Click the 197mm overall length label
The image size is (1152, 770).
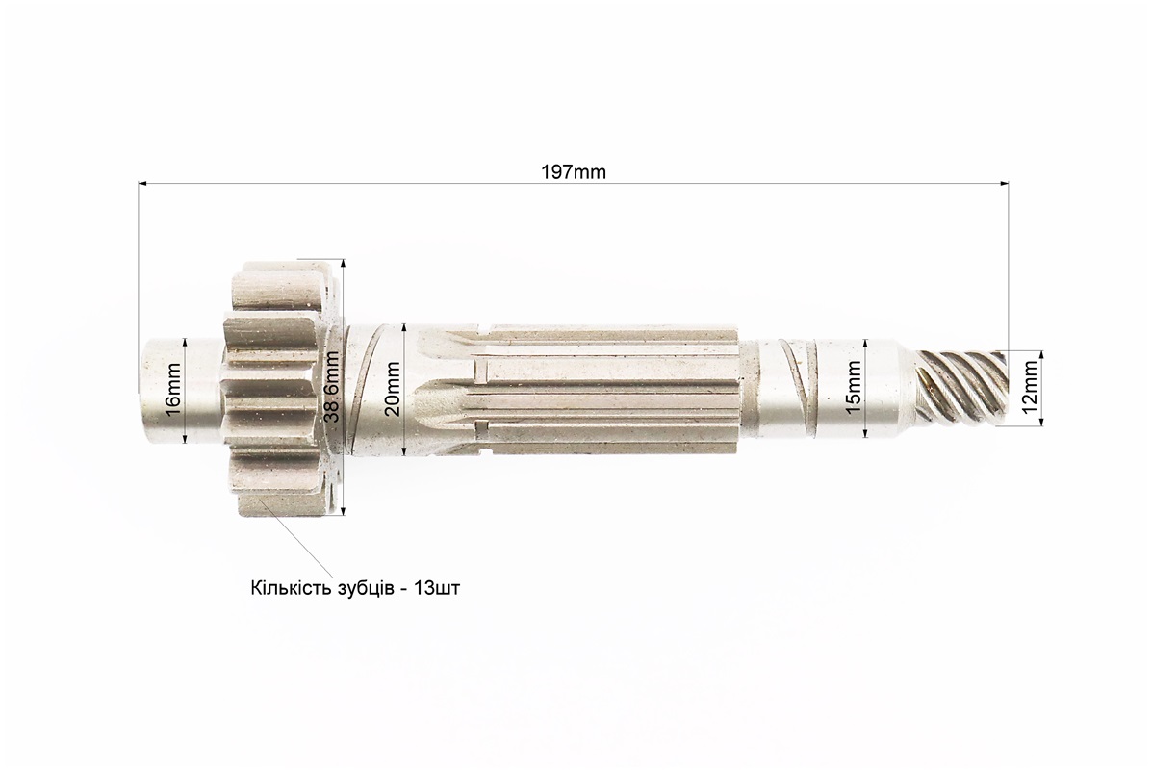coord(574,172)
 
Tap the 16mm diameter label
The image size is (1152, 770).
coord(173,390)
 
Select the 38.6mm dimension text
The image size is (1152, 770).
coord(332,387)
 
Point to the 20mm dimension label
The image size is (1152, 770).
coord(394,389)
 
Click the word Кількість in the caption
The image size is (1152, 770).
coord(286,588)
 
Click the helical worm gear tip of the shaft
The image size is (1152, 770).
coord(963,387)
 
